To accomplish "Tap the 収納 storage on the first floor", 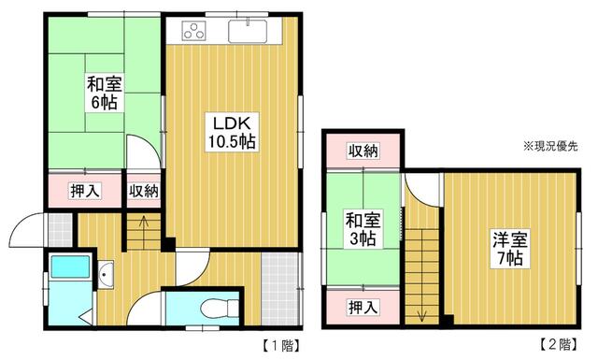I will (144, 191).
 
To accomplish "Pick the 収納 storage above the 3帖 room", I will (364, 151).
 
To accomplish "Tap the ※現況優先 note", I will (551, 146).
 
